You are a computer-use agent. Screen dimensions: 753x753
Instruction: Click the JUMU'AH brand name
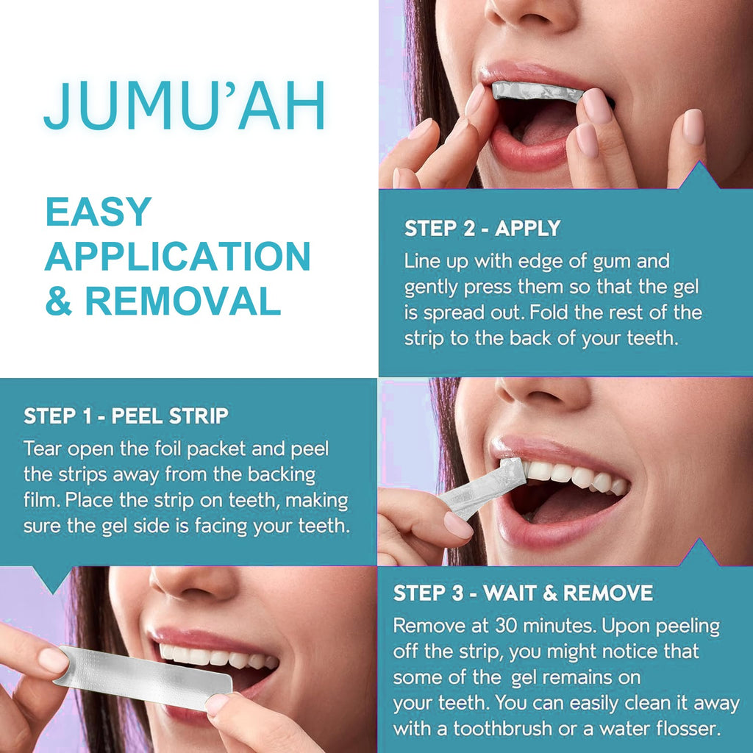pyautogui.click(x=185, y=107)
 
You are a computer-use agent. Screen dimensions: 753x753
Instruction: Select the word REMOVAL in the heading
pyautogui.click(x=183, y=301)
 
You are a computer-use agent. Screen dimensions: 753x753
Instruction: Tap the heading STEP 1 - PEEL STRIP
pyautogui.click(x=126, y=415)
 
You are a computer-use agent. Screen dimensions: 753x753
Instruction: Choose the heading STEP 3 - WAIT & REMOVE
pyautogui.click(x=523, y=593)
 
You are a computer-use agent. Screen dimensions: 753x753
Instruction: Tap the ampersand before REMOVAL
pyautogui.click(x=59, y=301)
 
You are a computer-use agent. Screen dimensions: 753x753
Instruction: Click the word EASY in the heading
pyautogui.click(x=98, y=212)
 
